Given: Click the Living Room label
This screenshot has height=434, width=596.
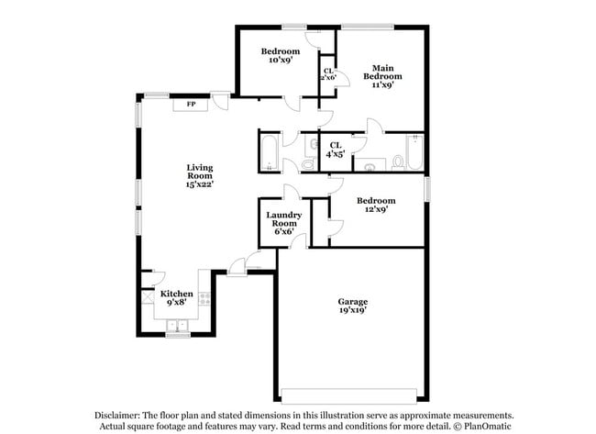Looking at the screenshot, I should point(200,175).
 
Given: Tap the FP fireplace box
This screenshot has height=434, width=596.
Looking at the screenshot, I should point(191,105).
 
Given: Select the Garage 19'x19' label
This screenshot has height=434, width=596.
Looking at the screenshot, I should point(352,306).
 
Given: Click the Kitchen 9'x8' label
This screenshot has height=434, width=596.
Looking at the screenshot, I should point(176,298).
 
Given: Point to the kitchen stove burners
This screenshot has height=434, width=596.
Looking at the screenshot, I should point(204,299).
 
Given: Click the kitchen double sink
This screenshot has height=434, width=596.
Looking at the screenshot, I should point(176,325).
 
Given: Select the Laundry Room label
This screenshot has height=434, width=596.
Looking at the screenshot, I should point(282,223).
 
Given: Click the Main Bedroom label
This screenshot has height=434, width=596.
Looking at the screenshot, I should point(382,77).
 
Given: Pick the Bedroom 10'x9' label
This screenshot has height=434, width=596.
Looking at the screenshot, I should point(280,55).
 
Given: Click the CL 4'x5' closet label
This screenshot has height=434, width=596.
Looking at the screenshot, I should point(336,150).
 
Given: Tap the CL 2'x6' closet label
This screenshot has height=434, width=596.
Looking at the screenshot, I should point(327,73).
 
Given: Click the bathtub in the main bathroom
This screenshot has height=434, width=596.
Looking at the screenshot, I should point(414,153).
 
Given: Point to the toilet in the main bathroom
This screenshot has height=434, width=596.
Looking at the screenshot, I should point(396,162).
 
